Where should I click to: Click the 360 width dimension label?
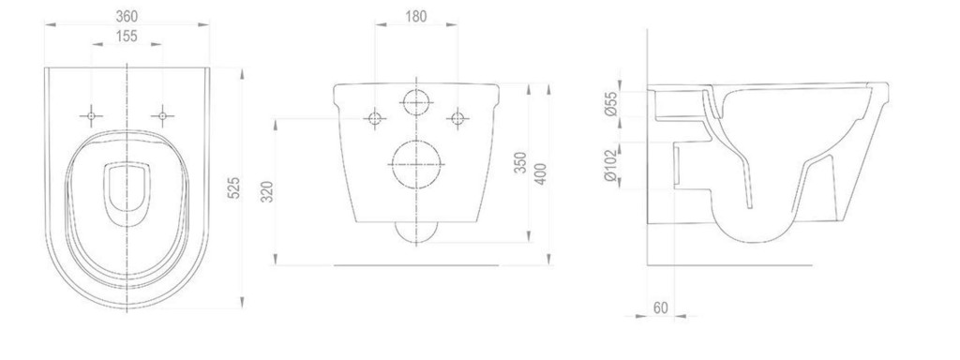(x=127, y=15)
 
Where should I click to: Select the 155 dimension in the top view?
(x=127, y=37)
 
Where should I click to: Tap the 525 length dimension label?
(x=233, y=187)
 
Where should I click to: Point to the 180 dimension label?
(x=415, y=16)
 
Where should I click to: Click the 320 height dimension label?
(x=267, y=191)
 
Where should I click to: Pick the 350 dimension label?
(x=519, y=162)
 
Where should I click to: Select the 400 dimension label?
(x=540, y=174)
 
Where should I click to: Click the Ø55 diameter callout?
(x=609, y=103)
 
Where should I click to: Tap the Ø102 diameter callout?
(x=609, y=165)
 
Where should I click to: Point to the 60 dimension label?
(x=660, y=307)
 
